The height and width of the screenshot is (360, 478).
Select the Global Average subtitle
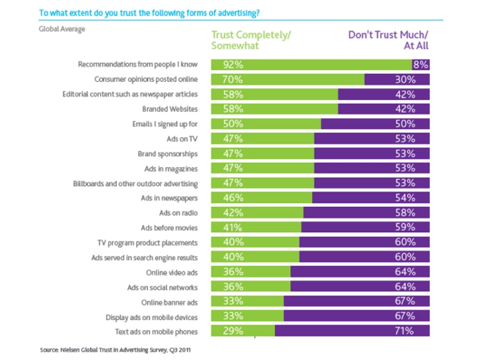[62, 29]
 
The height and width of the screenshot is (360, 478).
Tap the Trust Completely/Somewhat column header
[251, 40]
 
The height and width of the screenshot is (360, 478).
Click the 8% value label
[421, 64]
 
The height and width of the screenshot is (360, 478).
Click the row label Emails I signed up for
[165, 124]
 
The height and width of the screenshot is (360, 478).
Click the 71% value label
[405, 331]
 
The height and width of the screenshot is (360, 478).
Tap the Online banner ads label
[169, 302]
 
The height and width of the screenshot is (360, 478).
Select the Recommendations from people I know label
[137, 64]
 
